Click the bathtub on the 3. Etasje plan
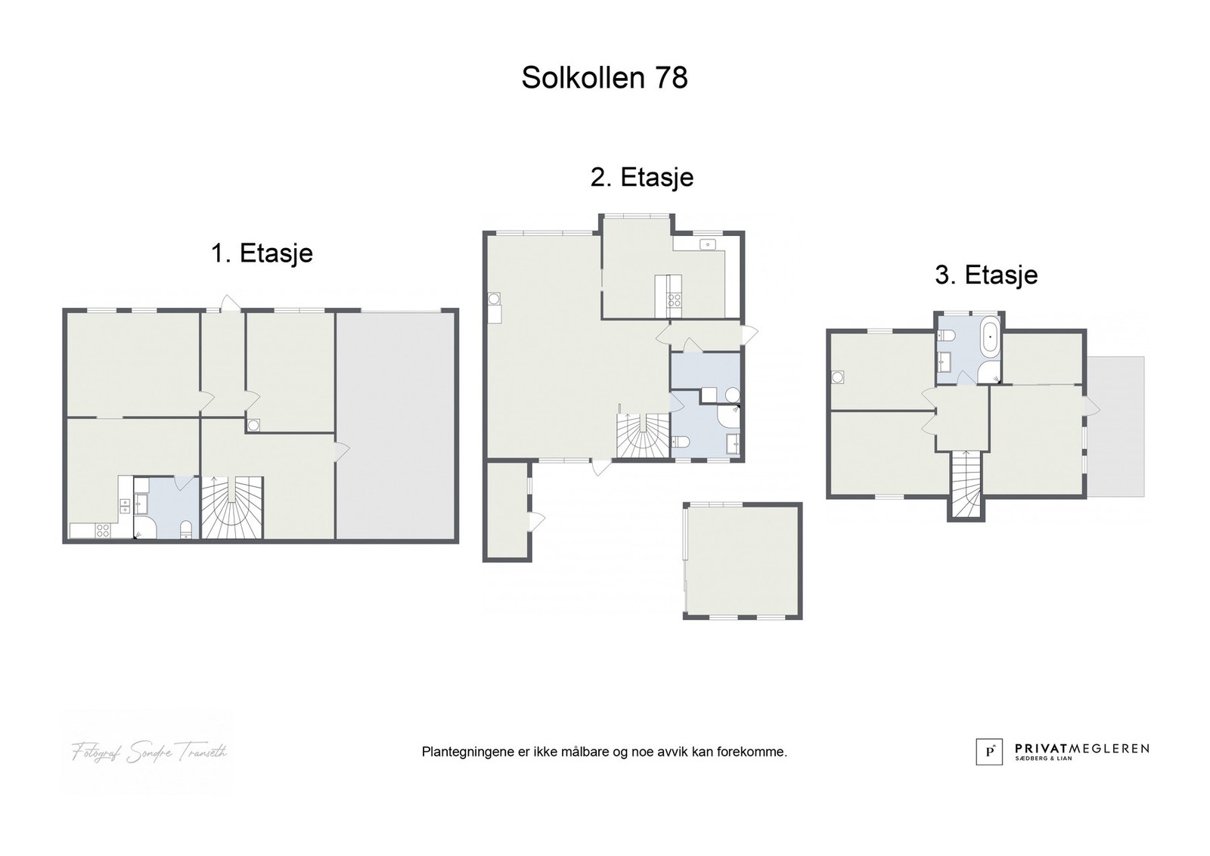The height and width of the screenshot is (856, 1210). point(990,339)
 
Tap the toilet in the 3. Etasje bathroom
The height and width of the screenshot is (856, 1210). point(987,371)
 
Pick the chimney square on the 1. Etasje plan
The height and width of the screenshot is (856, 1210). point(253,425)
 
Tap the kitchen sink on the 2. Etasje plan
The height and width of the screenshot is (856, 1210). point(708,243)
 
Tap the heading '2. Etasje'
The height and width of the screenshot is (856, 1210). point(641,178)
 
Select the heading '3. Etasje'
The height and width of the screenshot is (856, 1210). point(986,275)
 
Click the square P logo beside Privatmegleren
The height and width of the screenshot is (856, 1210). point(988,751)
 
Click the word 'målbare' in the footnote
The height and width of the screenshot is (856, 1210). point(585,752)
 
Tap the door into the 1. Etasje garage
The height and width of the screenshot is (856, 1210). point(341,449)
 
